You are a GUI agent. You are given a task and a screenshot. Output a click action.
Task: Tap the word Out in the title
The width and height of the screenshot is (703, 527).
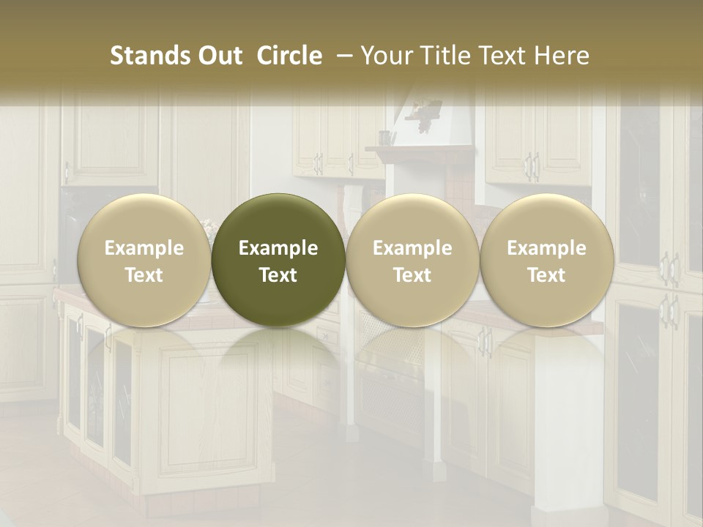(x=219, y=56)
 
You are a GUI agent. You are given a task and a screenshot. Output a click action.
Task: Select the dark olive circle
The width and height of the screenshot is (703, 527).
(x=278, y=260)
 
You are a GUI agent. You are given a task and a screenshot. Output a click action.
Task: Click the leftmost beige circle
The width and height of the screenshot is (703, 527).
(x=144, y=260)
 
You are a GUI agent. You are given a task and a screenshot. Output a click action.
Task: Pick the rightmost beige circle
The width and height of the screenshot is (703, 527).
(x=546, y=260)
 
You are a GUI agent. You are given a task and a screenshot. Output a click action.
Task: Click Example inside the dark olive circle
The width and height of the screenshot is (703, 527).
(x=278, y=248)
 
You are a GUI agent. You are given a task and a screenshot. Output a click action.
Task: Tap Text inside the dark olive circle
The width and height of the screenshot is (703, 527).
(x=278, y=275)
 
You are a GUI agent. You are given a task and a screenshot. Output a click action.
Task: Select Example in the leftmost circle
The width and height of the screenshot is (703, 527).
(x=144, y=248)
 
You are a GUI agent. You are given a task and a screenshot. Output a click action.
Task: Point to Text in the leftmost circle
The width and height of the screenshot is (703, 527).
(x=144, y=275)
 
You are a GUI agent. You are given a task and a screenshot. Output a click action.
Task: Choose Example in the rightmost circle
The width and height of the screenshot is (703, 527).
(x=546, y=248)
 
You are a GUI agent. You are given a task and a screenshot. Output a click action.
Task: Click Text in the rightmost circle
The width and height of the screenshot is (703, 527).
(x=546, y=275)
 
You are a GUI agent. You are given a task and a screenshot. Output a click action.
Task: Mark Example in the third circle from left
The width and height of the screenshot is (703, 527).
(x=412, y=248)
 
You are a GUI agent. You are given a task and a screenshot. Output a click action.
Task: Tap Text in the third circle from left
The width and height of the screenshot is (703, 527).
(x=412, y=275)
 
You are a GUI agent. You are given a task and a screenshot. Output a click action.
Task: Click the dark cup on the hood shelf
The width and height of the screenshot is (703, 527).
(x=384, y=138)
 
